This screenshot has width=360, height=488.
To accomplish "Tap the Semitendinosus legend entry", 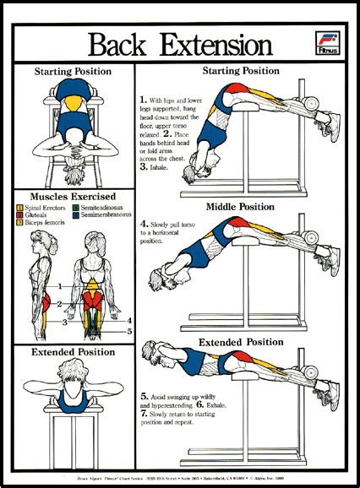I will (x=101, y=207).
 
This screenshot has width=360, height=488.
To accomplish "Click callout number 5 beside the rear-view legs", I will (x=129, y=331).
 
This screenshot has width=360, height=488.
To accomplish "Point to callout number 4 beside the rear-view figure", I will (x=129, y=321).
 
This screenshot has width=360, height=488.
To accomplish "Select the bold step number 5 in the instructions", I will (x=145, y=396).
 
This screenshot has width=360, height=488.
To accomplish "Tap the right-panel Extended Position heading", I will (x=242, y=342).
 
